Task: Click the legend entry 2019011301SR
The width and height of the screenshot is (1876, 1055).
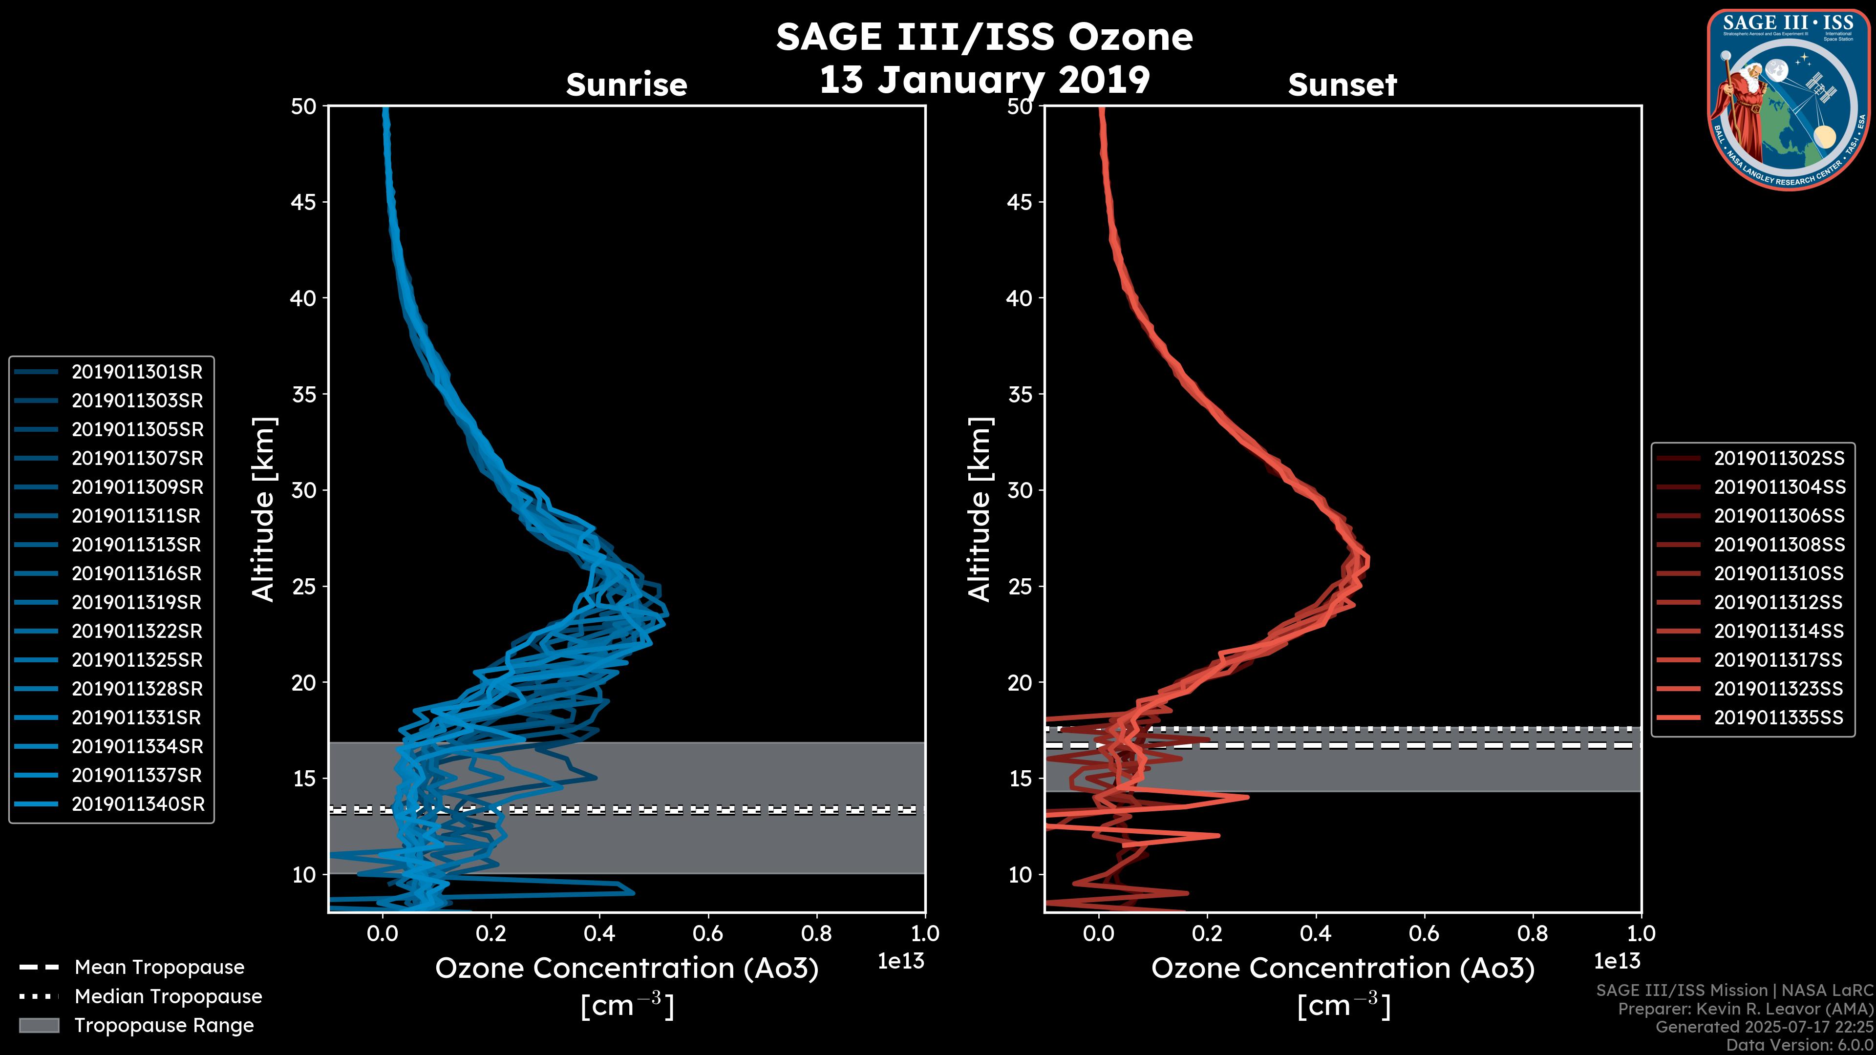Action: coord(137,372)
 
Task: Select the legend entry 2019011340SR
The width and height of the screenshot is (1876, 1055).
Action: coord(138,804)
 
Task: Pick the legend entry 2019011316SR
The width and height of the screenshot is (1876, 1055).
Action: coord(136,574)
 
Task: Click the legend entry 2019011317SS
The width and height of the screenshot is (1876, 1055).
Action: coord(1778,660)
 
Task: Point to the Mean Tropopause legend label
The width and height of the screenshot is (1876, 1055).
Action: coord(159,968)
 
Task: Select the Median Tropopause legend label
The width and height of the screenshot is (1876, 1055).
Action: coord(168,997)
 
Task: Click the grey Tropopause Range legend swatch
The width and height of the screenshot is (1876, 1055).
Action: coord(39,1025)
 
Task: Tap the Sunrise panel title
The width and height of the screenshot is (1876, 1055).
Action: coord(626,85)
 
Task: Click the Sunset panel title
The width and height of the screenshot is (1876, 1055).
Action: coord(1342,85)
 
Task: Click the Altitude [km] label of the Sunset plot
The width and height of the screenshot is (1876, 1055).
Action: coord(980,509)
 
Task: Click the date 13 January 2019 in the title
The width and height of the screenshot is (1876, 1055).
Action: coord(984,80)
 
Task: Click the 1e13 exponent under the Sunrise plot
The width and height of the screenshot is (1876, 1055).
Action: coord(901,961)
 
